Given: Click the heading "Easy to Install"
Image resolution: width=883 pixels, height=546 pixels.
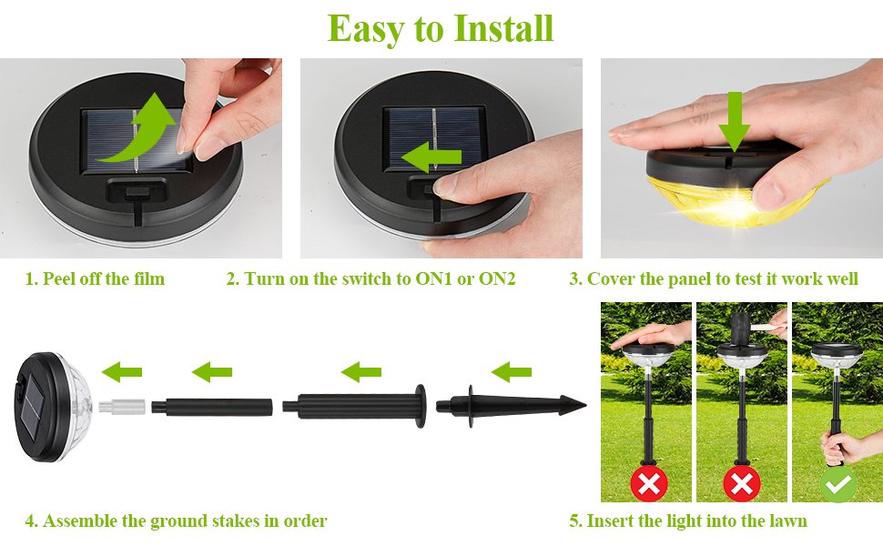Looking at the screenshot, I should (x=441, y=28).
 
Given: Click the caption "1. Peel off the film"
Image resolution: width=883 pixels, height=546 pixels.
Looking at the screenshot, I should (x=95, y=278).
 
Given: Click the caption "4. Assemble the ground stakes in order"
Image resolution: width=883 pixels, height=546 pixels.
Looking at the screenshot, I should (x=176, y=521).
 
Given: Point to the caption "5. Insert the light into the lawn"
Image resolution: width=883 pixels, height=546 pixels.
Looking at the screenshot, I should (x=688, y=521).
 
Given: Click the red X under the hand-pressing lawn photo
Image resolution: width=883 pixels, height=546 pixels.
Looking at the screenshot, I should (x=648, y=484).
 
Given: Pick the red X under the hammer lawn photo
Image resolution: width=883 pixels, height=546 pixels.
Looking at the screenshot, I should (x=742, y=484).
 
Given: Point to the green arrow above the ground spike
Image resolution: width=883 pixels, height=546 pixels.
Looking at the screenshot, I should (x=511, y=370).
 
